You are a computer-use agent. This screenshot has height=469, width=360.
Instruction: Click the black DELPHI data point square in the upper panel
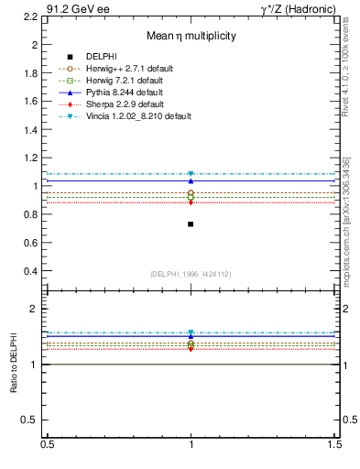pos(191,224)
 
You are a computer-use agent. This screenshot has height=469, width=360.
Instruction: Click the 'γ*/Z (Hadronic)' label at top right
pos(300,7)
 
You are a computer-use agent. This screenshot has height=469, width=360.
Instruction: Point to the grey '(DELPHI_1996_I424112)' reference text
pos(191,274)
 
